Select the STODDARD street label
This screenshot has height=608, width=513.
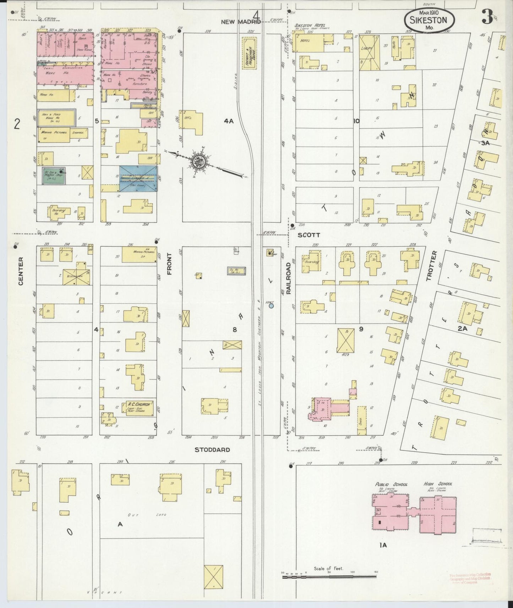click(x=212, y=450)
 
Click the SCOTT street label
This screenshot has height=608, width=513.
click(x=309, y=235)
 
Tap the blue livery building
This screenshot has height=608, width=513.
click(x=138, y=178)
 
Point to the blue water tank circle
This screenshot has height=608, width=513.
click(x=271, y=305)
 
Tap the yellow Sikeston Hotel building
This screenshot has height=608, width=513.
click(x=307, y=43)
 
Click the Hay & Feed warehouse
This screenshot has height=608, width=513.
click(x=56, y=117)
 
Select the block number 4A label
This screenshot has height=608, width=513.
click(x=229, y=121)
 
